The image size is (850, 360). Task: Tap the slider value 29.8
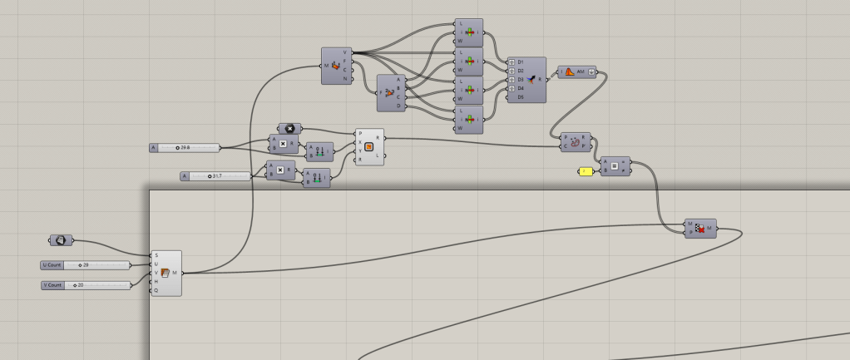184,148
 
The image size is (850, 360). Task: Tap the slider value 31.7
217,176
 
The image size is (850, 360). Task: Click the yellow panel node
585,171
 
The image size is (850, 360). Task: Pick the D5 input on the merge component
521,96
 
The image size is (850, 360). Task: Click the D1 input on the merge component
521,62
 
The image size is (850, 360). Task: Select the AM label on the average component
581,72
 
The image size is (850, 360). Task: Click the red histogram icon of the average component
569,72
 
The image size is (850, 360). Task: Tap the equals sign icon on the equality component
615,167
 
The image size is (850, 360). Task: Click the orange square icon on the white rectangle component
369,147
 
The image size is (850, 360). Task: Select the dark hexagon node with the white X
289,129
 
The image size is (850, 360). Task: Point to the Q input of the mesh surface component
156,290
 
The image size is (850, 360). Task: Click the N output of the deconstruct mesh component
346,80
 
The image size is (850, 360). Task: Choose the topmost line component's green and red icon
469,32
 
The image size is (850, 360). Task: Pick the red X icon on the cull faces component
700,228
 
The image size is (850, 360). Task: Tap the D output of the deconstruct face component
398,106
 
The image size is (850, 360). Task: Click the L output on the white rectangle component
378,155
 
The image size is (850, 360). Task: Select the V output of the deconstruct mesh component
346,52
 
